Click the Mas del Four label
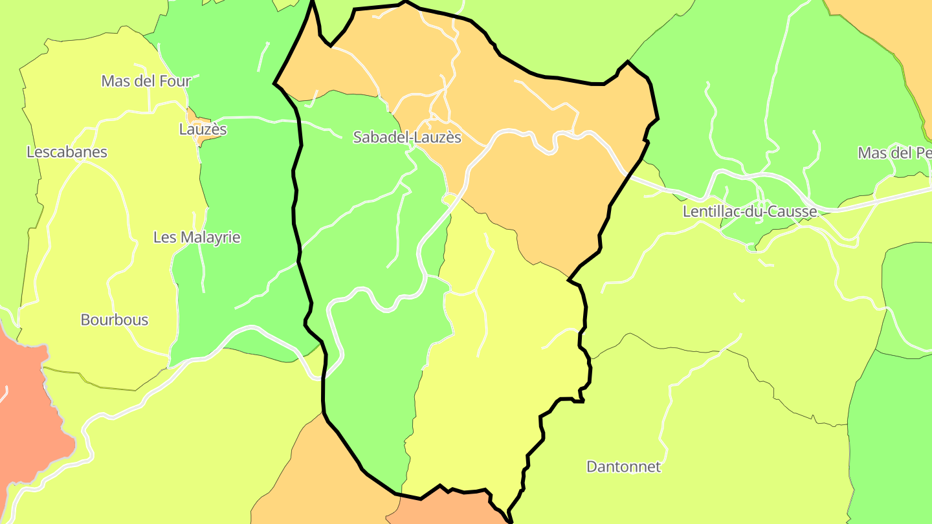tap(146, 81)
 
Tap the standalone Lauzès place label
tap(203, 129)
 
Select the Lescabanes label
tap(67, 152)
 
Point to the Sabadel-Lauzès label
tap(407, 137)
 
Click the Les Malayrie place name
tap(197, 237)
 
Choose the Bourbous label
tap(115, 320)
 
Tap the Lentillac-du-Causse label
tap(750, 212)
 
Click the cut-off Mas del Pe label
tap(894, 153)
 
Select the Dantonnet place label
tap(623, 466)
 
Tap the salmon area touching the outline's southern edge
tap(447, 508)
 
